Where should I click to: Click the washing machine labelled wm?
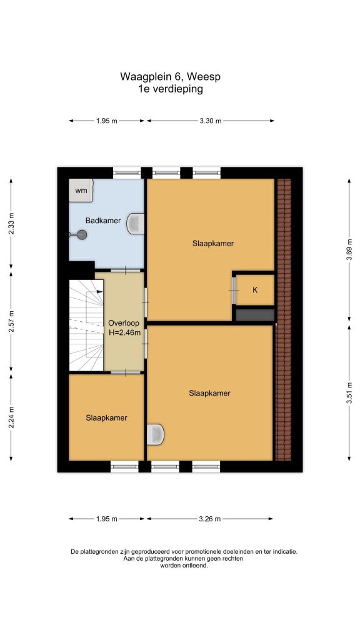click(81, 190)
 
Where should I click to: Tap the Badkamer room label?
click(103, 221)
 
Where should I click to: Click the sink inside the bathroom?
click(136, 224)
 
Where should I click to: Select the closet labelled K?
click(256, 290)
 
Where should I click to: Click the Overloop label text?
click(124, 323)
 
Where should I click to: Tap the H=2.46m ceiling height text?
click(124, 332)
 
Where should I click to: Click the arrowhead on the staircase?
click(100, 291)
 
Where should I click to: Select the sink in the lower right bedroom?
click(156, 434)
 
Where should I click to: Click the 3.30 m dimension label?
click(211, 121)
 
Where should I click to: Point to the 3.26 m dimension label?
click(210, 519)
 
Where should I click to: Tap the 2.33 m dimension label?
click(11, 224)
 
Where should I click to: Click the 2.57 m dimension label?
click(11, 322)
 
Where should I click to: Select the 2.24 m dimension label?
click(11, 417)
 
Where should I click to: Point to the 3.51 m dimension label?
click(349, 392)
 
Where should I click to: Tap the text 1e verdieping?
click(171, 89)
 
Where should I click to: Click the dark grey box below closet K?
click(256, 315)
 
